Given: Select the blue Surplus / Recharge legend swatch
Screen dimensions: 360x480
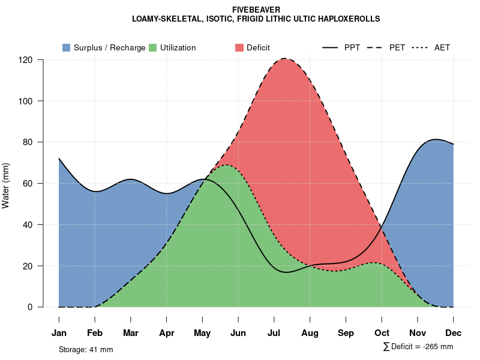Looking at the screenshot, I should click(x=66, y=47).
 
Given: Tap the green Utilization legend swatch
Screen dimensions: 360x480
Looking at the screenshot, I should click(x=152, y=47).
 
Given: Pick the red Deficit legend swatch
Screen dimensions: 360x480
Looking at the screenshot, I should click(x=239, y=47).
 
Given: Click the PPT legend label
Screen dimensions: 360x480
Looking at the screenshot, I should click(x=352, y=47).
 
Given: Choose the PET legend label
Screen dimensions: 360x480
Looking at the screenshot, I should click(x=397, y=47).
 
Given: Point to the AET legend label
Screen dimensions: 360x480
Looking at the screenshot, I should click(x=442, y=47).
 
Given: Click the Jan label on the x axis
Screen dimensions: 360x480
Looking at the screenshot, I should click(x=59, y=333).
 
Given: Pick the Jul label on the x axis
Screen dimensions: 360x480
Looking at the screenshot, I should click(x=274, y=333).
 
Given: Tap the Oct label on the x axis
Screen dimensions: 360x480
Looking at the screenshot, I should click(x=382, y=333).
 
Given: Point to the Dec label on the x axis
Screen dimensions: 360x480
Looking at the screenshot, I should click(x=454, y=333).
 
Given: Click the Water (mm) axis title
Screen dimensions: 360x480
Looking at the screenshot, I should click(x=6, y=185).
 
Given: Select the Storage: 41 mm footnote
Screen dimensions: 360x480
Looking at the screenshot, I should click(x=86, y=349).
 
